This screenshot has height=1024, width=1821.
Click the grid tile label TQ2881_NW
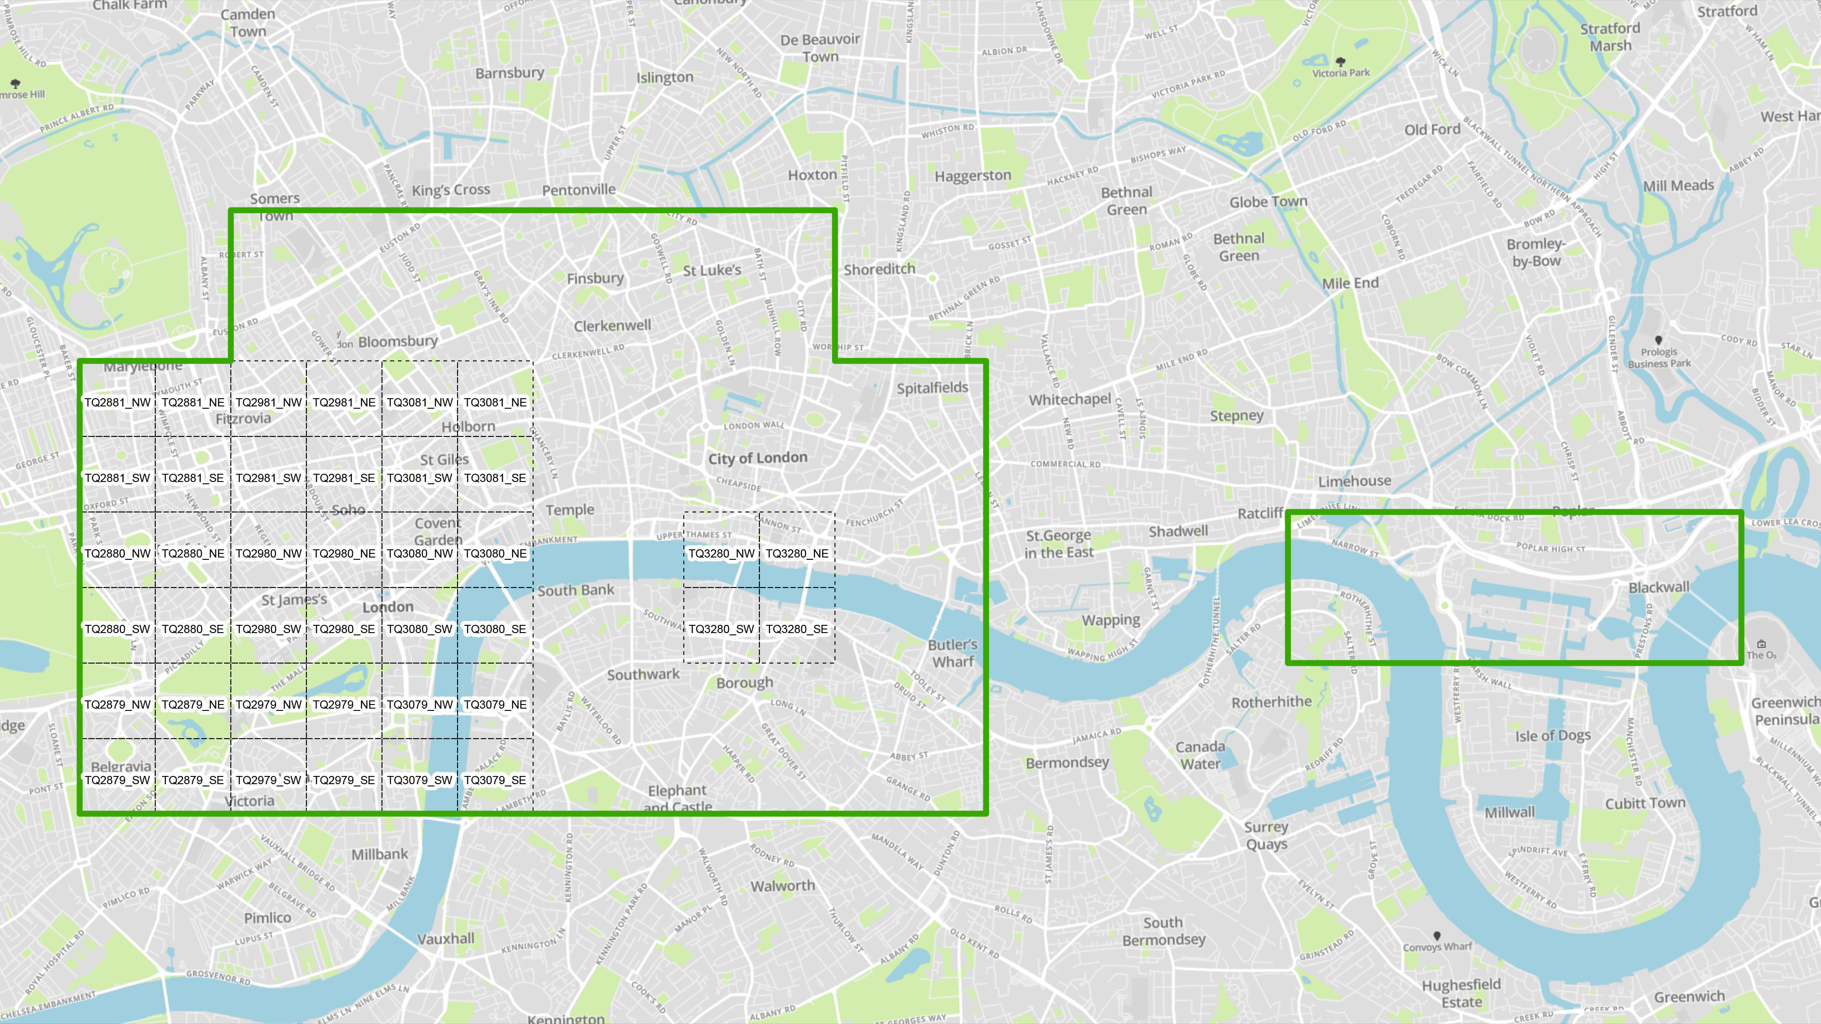(x=117, y=402)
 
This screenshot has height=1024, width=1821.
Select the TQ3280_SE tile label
(x=797, y=629)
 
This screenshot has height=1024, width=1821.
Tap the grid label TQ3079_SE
(x=495, y=780)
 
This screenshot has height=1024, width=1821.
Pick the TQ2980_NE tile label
(x=344, y=553)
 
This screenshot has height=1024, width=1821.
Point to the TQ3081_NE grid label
(x=495, y=402)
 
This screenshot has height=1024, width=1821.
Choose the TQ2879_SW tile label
(x=117, y=780)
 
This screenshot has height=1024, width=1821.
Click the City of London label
(x=758, y=458)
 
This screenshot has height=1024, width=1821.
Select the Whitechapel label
(x=1069, y=399)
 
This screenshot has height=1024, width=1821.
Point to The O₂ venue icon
(x=1761, y=644)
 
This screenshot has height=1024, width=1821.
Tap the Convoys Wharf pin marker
(x=1436, y=936)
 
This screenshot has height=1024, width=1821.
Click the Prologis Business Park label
(x=1659, y=358)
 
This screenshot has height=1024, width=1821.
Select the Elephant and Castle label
(x=677, y=799)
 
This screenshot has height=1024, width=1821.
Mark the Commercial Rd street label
(x=1065, y=464)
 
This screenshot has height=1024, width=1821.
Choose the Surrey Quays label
(x=1266, y=835)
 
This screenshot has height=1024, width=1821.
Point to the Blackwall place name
(x=1658, y=587)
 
